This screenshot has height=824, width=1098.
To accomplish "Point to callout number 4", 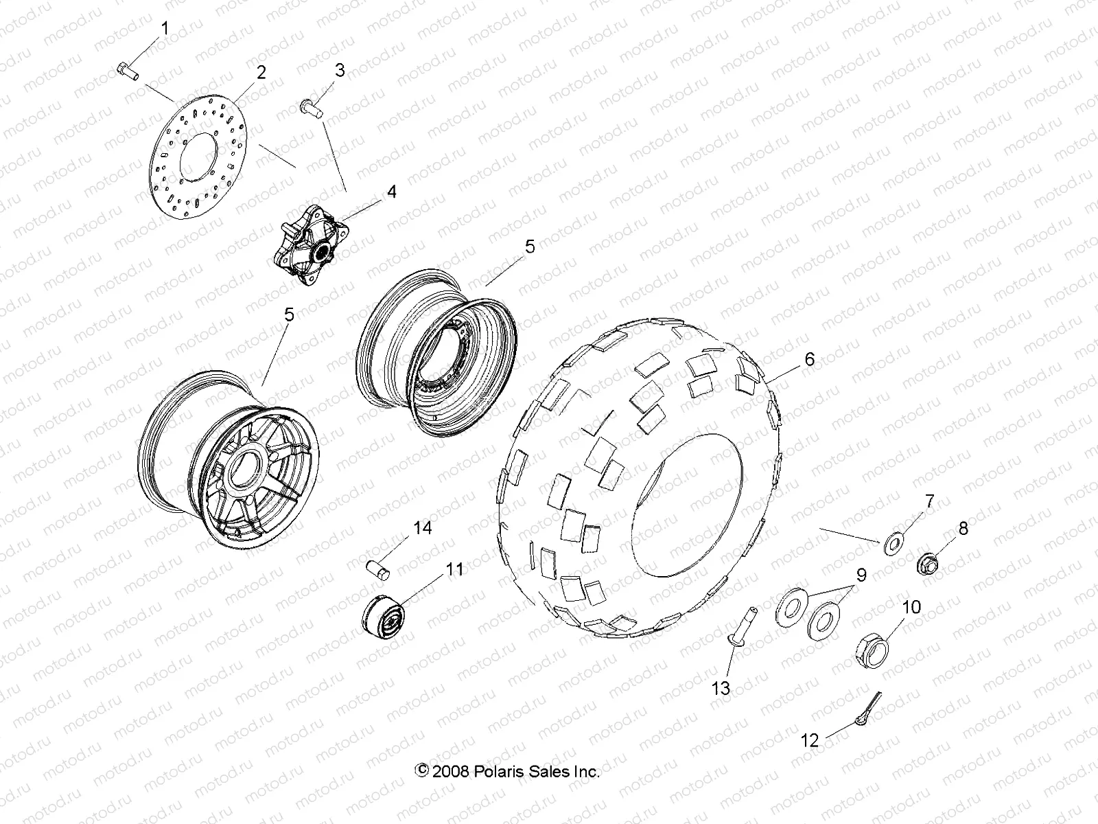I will pos(391,192).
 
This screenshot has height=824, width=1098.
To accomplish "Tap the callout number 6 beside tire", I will pos(810,359).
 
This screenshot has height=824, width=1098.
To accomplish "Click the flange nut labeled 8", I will pos(928,565).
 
